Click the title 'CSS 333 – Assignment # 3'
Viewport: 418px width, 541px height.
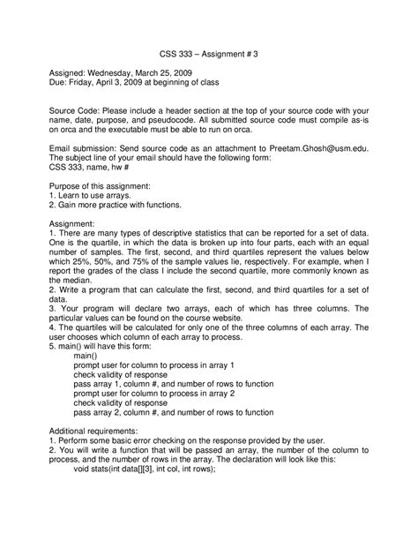(208, 53)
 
